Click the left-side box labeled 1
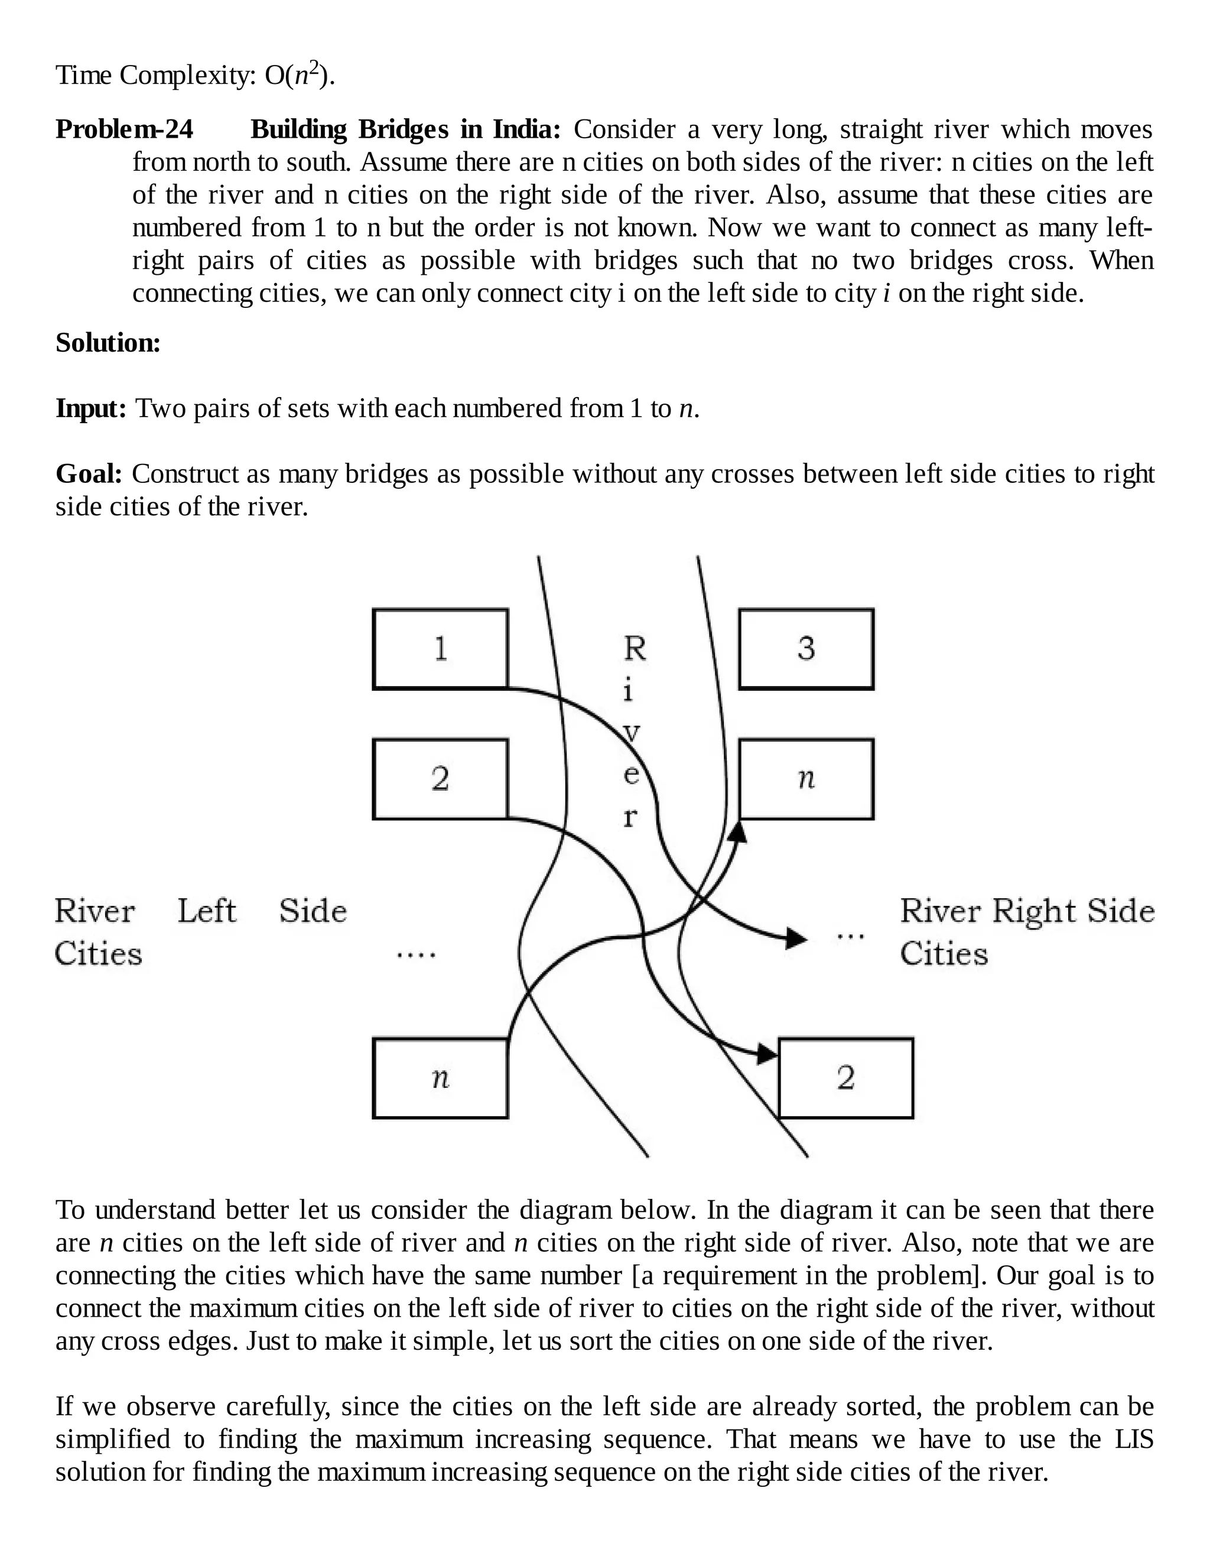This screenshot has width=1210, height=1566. pos(440,649)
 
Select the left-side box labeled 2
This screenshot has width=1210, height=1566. pos(440,779)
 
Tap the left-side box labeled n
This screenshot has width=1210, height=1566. pos(440,1078)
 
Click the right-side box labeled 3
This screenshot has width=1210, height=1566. pos(806,649)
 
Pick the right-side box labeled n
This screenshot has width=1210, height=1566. pos(806,779)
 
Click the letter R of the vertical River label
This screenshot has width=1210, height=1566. pos(635,649)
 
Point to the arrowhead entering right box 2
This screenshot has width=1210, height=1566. pos(767,1054)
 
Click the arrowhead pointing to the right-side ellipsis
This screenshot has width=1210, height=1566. pos(796,938)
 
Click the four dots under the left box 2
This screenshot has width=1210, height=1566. pos(417,955)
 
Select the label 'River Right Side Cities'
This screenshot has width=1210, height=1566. pos(1026,932)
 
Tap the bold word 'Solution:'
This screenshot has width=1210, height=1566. pos(108,343)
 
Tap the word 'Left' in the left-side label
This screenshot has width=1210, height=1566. pos(206,911)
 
